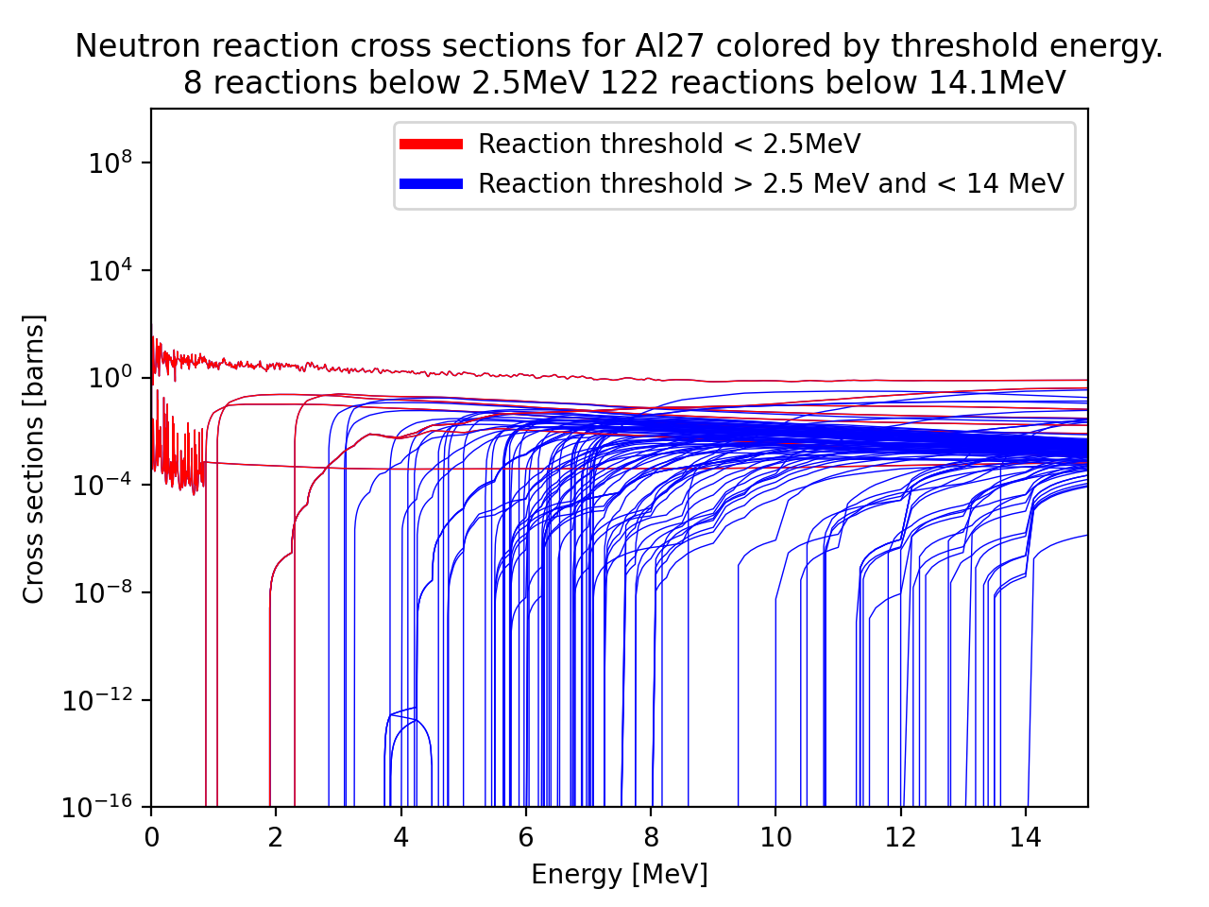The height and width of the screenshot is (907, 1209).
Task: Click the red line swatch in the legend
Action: pos(431,145)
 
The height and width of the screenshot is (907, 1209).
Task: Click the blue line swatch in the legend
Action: pos(431,184)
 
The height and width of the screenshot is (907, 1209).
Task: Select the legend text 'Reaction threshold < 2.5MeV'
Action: pos(669,145)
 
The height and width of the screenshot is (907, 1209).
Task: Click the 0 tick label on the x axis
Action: pos(151,838)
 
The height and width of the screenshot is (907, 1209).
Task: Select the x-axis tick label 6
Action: pos(525,838)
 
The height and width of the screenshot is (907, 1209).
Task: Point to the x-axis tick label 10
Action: pos(775,838)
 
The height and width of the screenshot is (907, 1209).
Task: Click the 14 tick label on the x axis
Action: pos(1025,838)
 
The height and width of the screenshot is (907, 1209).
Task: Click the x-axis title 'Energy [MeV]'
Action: pos(619,874)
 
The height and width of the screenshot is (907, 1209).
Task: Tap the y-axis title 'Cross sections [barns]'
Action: pos(34,459)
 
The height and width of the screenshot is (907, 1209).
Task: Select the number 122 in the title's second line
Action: pos(625,83)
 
